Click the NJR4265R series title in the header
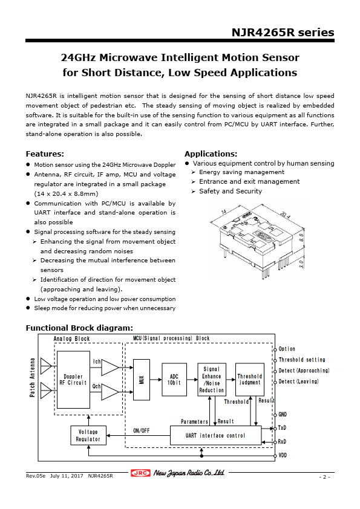point(283,33)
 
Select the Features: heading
point(45,154)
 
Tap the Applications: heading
point(211,154)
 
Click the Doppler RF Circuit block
point(73,380)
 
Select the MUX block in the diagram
point(142,380)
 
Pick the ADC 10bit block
point(174,379)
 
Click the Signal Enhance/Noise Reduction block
point(212,380)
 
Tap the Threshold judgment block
point(249,379)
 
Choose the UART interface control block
point(215,435)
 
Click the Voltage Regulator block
point(88,435)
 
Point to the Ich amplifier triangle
point(110,368)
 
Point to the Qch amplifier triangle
point(110,392)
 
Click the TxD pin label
point(283,427)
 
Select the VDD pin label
point(283,455)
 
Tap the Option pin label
point(287,349)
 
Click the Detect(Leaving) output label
point(298,381)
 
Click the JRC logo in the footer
point(141,473)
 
